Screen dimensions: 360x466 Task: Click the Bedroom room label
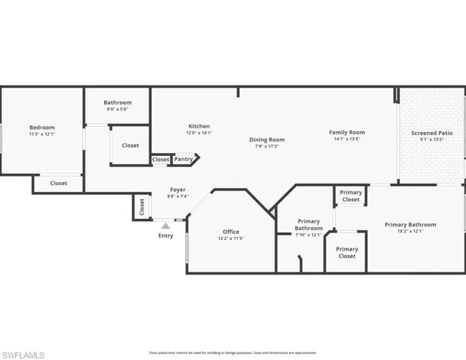(42, 127)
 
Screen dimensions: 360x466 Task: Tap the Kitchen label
(199, 126)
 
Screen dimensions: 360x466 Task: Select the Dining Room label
(267, 139)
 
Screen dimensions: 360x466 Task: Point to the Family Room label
(347, 132)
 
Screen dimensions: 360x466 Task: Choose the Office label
(230, 232)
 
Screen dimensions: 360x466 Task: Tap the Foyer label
(177, 190)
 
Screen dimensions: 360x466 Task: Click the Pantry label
(184, 159)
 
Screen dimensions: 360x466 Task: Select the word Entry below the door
(165, 236)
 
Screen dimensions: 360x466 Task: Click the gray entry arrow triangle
(166, 225)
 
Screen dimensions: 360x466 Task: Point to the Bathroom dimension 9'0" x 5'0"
(118, 109)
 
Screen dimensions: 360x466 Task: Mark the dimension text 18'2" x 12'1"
(410, 231)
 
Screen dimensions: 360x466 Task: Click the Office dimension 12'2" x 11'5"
(230, 238)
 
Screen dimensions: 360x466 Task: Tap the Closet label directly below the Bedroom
(59, 183)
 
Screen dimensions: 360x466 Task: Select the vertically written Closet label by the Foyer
(142, 207)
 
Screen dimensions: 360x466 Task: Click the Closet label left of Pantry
(161, 159)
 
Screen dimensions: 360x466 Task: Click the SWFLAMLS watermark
(23, 354)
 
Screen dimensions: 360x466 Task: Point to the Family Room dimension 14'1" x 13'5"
(347, 139)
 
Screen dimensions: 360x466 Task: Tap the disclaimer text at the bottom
(233, 352)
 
